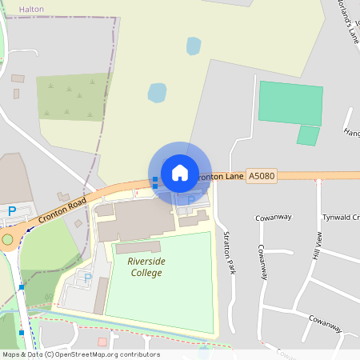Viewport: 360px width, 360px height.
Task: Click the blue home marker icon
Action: (180, 172)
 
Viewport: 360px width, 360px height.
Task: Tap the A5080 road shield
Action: (261, 175)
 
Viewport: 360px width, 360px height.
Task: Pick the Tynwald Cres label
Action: (340, 218)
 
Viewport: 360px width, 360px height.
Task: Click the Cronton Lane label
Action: (218, 176)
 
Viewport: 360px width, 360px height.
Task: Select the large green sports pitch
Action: (290, 102)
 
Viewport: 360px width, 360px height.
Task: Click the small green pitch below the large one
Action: (308, 135)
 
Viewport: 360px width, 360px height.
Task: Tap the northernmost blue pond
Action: (194, 46)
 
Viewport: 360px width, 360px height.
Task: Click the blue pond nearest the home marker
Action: (157, 93)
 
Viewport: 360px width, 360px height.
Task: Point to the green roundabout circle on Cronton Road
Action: (8, 238)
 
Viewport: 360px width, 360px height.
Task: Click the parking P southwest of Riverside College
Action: (88, 277)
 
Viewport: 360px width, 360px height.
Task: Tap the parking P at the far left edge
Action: (12, 210)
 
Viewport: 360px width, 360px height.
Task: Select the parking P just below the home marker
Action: (190, 199)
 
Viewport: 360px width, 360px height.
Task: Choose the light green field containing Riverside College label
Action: (160, 296)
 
